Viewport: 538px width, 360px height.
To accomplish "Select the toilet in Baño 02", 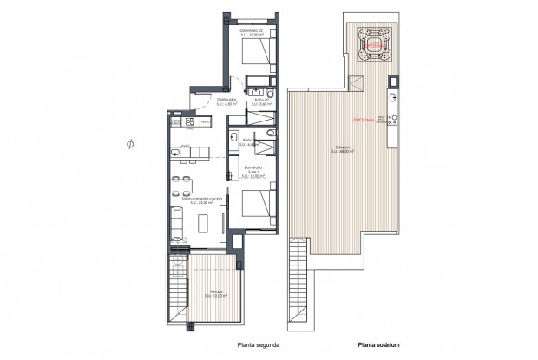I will pos(270,92).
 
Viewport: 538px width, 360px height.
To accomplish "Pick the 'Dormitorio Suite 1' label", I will pos(253,171).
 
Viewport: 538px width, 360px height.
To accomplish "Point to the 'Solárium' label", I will pos(344,148).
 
